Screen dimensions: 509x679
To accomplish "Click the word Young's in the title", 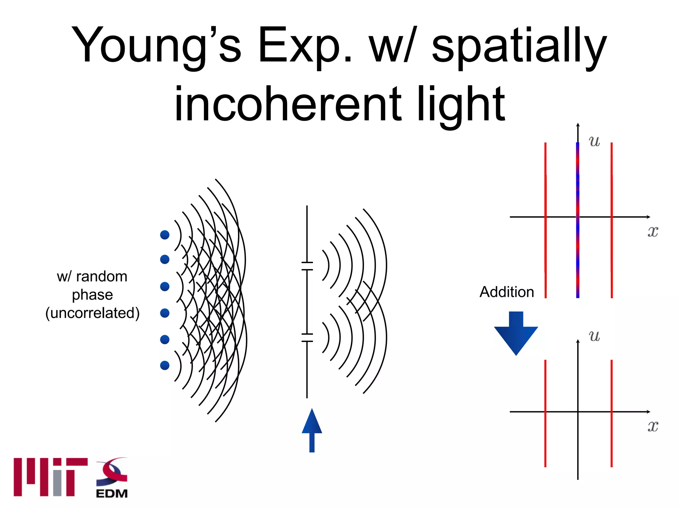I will tap(156, 45).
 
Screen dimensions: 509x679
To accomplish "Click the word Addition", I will tap(507, 292).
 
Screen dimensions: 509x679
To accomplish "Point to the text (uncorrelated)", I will tap(93, 313).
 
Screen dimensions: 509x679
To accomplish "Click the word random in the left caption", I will tap(101, 276).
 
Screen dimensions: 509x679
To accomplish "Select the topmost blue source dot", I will tap(165, 235).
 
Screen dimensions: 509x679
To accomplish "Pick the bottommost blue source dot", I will tap(165, 365).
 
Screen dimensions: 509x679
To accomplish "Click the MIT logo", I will tap(50, 477).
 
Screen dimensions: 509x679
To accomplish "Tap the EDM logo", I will tap(112, 478).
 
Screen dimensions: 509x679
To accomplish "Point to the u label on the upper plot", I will tap(594, 141).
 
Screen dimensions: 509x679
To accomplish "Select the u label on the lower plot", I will tap(594, 336).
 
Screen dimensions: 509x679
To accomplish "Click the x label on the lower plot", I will tap(653, 426).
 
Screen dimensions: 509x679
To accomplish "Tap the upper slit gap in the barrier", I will tap(307, 266).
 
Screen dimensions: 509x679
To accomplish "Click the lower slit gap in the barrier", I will tap(307, 338).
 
